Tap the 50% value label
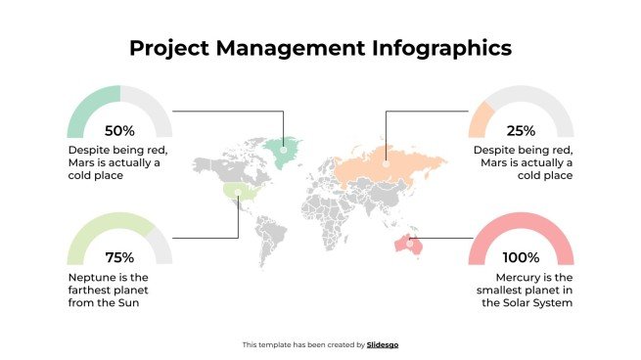pyautogui.click(x=119, y=130)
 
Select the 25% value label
pyautogui.click(x=522, y=130)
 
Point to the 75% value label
pyautogui.click(x=119, y=258)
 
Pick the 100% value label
pyautogui.click(x=522, y=258)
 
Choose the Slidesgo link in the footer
pyautogui.click(x=383, y=344)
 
